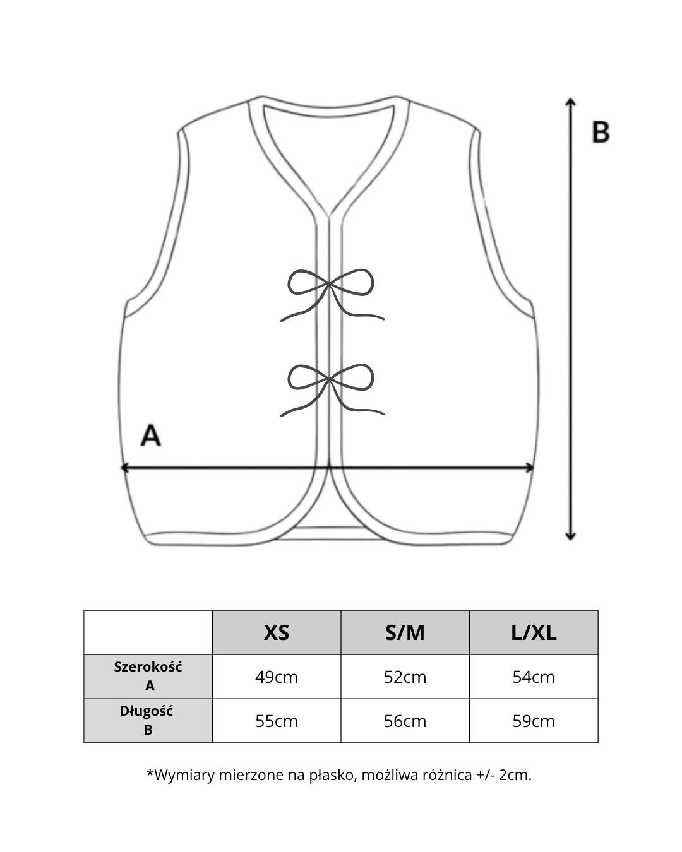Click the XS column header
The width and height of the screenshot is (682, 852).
point(277,632)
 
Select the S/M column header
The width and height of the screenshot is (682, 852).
point(405,632)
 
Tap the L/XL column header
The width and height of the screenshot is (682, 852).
point(534,632)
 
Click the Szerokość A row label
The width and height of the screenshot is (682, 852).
point(148,676)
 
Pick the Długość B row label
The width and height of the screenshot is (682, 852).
point(147,720)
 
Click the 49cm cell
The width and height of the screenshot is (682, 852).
point(277,677)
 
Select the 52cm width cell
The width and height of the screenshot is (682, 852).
point(405,677)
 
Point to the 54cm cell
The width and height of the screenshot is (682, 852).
point(534,677)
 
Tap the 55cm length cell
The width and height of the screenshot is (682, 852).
point(277,721)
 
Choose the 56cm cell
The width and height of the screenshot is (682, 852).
point(405,721)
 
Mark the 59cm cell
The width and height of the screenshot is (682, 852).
point(534,721)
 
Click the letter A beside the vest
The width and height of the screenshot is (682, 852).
point(150,435)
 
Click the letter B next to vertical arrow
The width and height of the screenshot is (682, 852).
point(601,132)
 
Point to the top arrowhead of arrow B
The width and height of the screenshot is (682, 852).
point(570,101)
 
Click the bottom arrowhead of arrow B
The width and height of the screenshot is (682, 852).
point(570,537)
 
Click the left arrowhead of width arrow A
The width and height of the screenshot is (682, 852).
point(124,467)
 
